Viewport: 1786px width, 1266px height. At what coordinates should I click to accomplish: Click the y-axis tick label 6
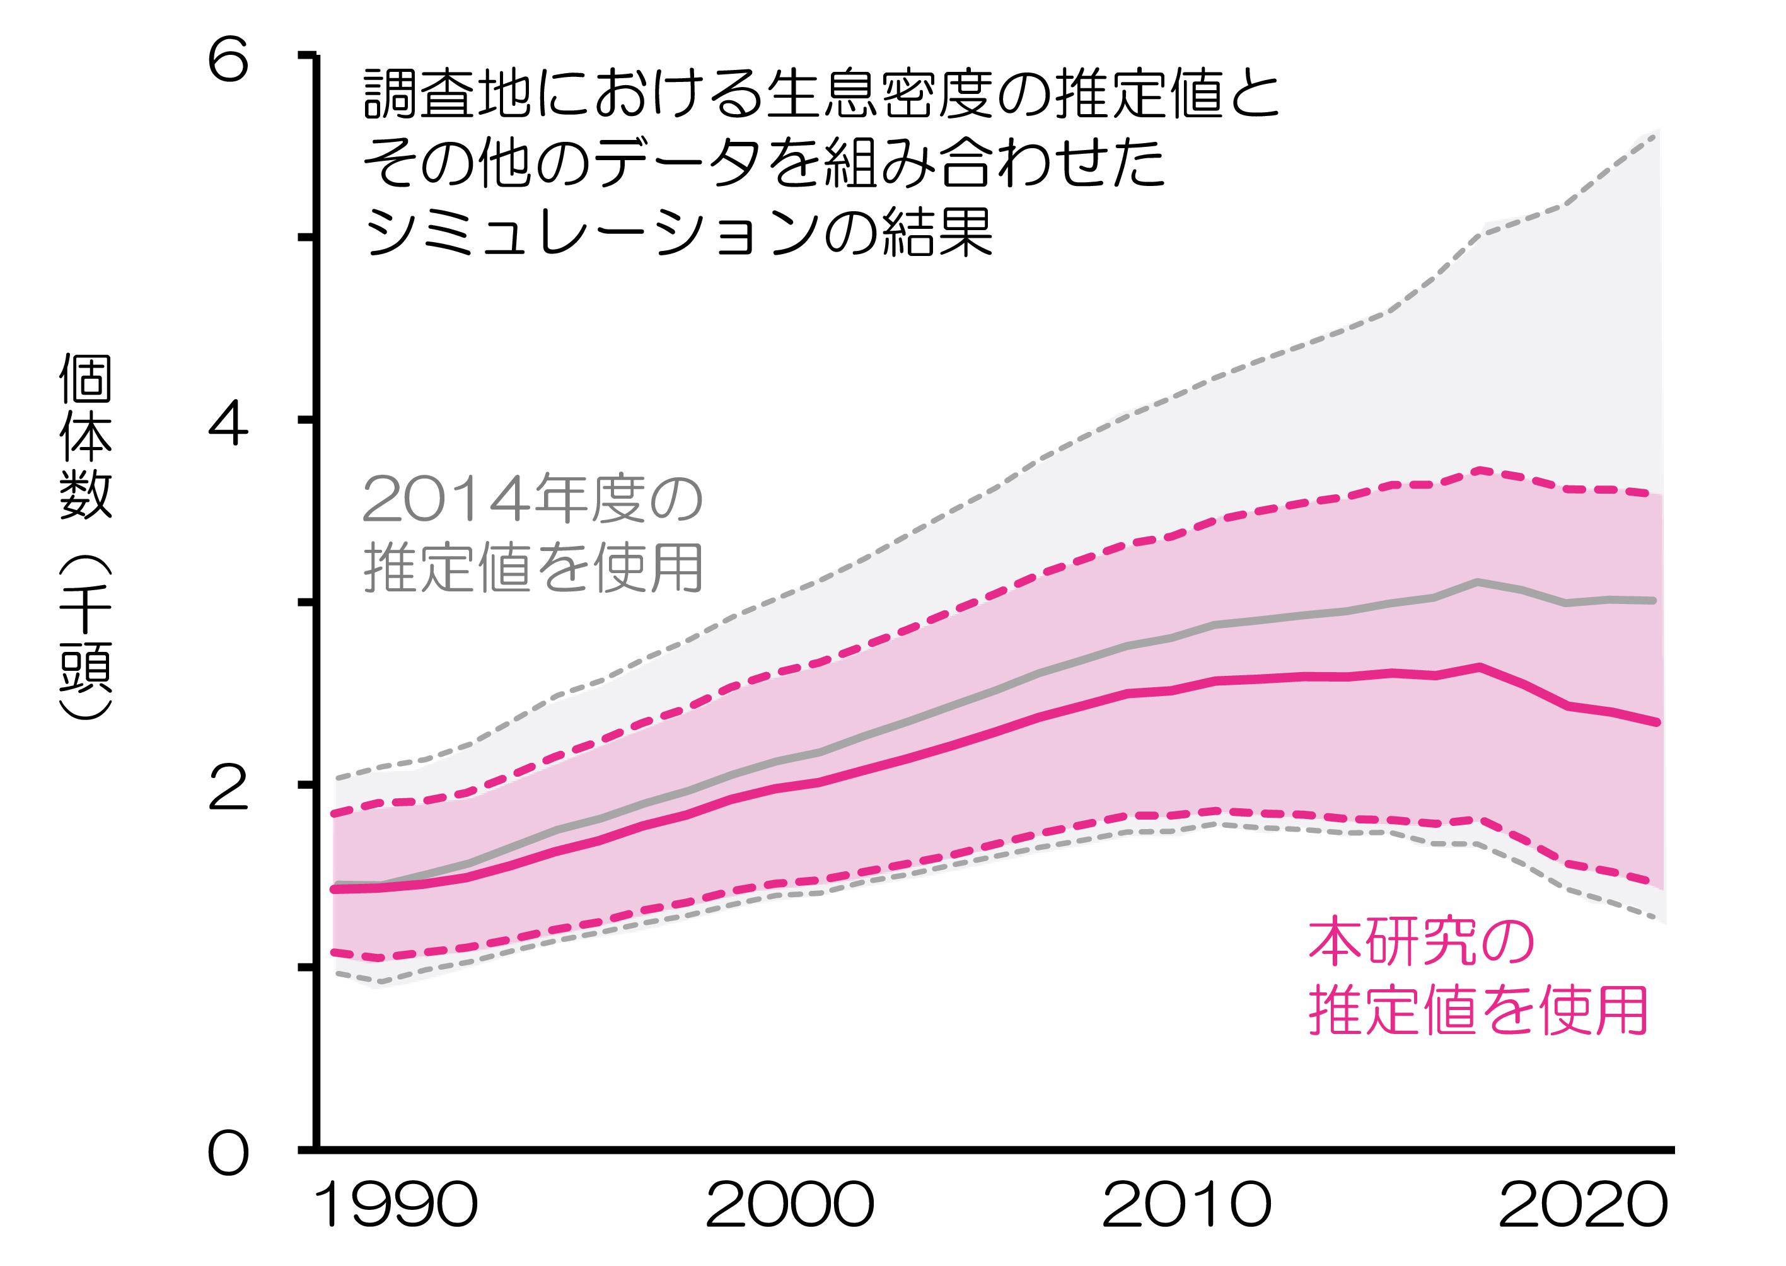point(228,61)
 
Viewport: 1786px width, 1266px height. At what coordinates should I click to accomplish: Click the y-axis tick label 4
point(228,426)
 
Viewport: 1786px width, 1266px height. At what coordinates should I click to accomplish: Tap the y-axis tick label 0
point(228,1154)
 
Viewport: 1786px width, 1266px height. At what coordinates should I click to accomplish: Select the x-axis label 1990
point(395,1204)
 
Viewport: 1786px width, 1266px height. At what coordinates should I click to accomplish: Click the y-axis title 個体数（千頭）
point(86,538)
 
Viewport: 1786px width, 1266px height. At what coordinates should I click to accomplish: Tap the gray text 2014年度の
point(533,500)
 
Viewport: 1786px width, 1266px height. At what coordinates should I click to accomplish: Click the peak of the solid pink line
point(1477,666)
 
